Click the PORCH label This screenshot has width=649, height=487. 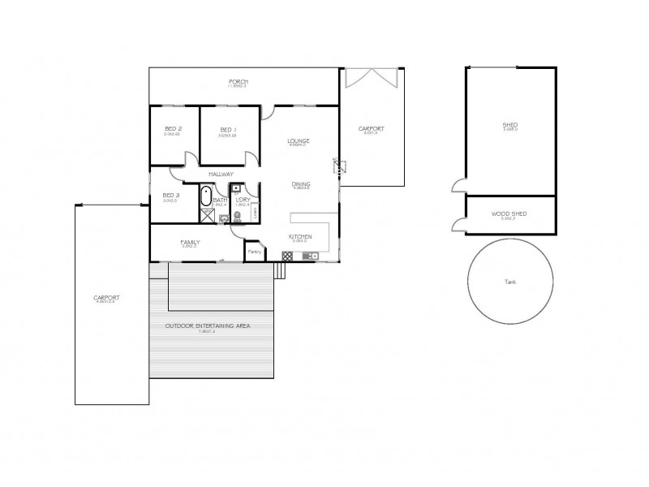pos(238,82)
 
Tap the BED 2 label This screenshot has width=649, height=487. pos(173,129)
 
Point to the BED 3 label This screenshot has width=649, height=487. pos(170,195)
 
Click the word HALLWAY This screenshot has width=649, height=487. pos(221,174)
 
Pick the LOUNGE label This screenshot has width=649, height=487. pos(299,141)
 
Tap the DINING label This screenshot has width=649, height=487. pos(301,184)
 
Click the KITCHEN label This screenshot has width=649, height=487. pos(300,237)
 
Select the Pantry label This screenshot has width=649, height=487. pos(253,252)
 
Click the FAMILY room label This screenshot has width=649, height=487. pos(190,242)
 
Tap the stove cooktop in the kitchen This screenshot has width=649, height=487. pos(286,256)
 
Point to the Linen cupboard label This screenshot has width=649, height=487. pos(255,213)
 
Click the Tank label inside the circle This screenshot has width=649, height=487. pos(509,282)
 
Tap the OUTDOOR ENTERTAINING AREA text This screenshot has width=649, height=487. pos(208,325)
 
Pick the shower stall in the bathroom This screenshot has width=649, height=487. pos(205,214)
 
